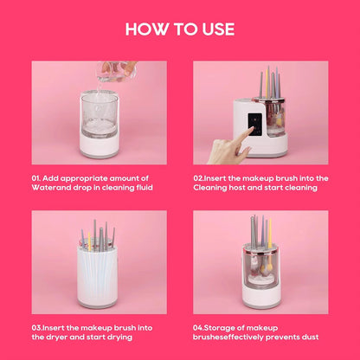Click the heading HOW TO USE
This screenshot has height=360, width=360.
(x=180, y=29)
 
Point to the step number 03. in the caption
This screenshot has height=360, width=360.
(x=39, y=326)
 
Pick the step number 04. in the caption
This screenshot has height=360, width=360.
(x=200, y=326)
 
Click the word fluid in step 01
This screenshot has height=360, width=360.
(x=147, y=186)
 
